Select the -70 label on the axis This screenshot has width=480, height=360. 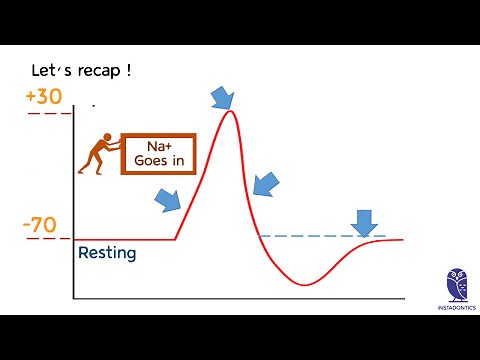tap(39, 225)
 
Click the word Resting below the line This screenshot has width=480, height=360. tap(106, 253)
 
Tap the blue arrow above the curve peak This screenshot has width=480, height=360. tap(222, 96)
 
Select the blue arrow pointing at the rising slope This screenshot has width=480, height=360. tap(169, 200)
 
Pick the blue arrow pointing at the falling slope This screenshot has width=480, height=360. tap(267, 183)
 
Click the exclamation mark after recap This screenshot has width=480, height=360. tap(130, 72)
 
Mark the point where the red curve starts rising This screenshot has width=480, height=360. tap(175, 239)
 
